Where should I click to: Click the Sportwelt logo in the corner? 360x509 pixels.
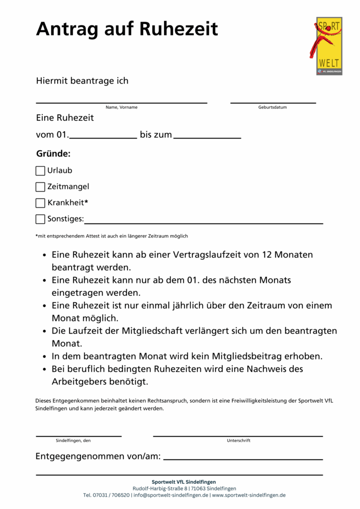tap(329, 46)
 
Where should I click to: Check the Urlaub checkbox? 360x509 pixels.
tap(40, 171)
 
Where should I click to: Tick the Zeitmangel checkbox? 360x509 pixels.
tap(40, 187)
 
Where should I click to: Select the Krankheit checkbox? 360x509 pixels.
tap(40, 203)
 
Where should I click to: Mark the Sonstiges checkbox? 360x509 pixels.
tap(40, 219)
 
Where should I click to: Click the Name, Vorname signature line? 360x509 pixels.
tap(121, 102)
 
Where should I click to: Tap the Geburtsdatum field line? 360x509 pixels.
tap(273, 102)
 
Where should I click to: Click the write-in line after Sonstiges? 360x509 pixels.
tap(204, 223)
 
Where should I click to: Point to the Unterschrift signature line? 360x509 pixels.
tap(238, 435)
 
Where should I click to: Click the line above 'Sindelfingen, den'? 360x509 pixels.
tap(79, 435)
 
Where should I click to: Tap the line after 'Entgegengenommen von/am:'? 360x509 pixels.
tap(243, 459)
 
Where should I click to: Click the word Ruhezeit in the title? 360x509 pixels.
tap(179, 29)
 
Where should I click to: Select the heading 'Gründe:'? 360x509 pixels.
tap(53, 154)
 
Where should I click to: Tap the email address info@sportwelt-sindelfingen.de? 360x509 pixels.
tap(171, 495)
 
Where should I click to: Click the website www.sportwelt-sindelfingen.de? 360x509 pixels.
tap(249, 495)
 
